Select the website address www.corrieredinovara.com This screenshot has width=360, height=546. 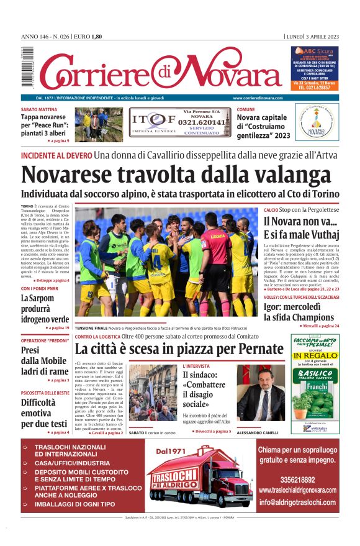click(x=258, y=98)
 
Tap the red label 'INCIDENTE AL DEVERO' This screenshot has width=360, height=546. click(x=56, y=155)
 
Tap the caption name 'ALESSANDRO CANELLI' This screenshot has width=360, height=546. click(x=258, y=433)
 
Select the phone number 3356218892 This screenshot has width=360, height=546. click(x=297, y=480)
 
